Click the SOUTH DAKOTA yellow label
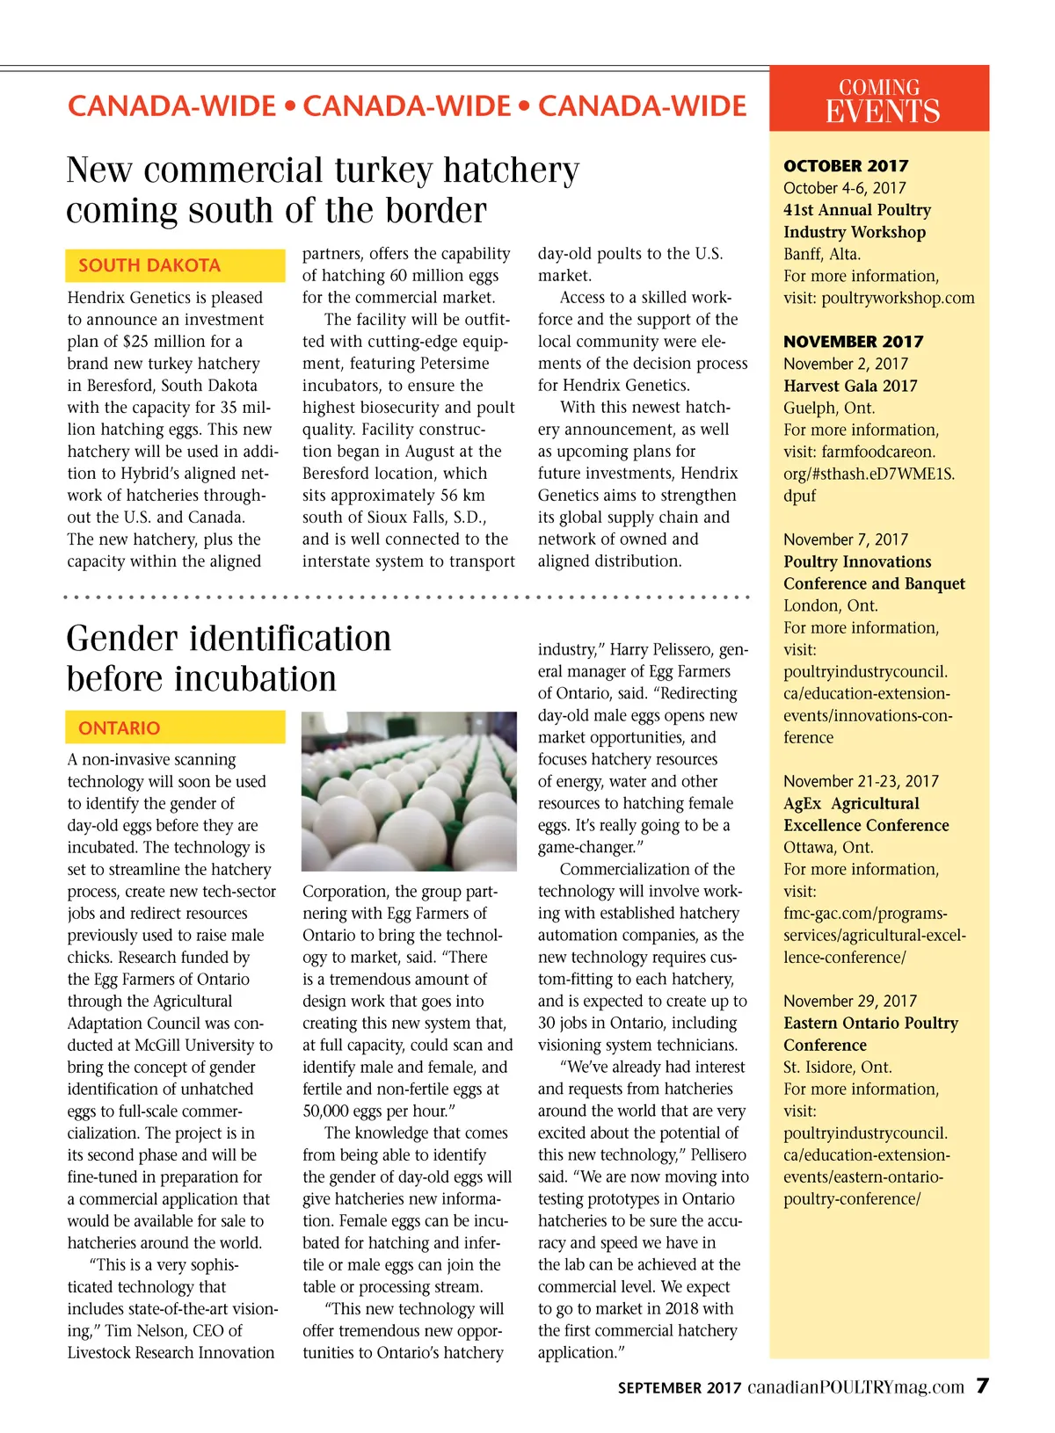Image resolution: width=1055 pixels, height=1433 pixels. pyautogui.click(x=175, y=265)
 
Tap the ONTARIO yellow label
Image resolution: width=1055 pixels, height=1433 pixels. pyautogui.click(x=175, y=727)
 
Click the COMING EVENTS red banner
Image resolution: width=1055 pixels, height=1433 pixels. pyautogui.click(x=879, y=99)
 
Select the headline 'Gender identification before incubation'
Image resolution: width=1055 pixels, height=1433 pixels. pyautogui.click(x=229, y=658)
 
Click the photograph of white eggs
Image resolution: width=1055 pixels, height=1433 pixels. pyautogui.click(x=409, y=791)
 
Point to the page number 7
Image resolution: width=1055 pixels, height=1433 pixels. pyautogui.click(x=982, y=1386)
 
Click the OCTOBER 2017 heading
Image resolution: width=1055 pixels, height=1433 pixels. pyautogui.click(x=846, y=166)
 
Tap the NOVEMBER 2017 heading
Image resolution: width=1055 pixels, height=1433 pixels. pyautogui.click(x=853, y=342)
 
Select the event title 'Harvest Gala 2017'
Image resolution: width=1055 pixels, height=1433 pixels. pyautogui.click(x=850, y=386)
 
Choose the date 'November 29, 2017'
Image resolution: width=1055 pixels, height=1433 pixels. pyautogui.click(x=850, y=1001)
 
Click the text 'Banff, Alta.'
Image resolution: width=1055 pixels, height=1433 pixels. pyautogui.click(x=822, y=254)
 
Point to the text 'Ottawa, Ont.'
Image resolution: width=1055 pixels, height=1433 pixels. pyautogui.click(x=828, y=847)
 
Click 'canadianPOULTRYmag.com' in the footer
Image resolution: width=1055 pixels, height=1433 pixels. pyautogui.click(x=855, y=1387)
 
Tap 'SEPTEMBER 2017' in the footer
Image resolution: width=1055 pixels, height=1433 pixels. pyautogui.click(x=680, y=1388)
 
